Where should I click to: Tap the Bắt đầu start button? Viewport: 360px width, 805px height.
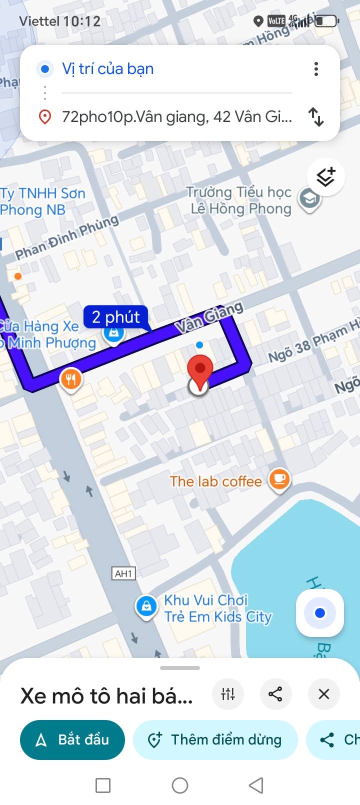click(72, 739)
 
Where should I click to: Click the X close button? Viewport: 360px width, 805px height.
click(323, 694)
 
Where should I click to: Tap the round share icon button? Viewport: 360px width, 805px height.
click(275, 694)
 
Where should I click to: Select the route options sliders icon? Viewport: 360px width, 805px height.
click(228, 694)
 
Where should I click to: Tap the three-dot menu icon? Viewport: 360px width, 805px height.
click(316, 69)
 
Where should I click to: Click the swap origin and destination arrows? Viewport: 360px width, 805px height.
click(316, 117)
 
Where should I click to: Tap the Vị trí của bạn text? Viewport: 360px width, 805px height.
click(107, 69)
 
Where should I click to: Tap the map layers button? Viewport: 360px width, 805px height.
click(325, 177)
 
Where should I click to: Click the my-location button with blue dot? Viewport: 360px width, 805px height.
click(320, 613)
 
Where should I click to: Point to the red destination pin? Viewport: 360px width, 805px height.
click(200, 370)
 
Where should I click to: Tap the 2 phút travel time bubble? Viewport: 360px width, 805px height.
click(116, 317)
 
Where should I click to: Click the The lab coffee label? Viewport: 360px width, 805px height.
click(215, 481)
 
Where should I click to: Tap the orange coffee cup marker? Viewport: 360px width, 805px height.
click(279, 479)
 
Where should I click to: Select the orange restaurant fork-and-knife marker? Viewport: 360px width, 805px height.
click(71, 380)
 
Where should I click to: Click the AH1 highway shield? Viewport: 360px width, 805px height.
click(123, 573)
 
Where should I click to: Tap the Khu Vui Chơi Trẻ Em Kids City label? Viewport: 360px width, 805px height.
click(217, 608)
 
